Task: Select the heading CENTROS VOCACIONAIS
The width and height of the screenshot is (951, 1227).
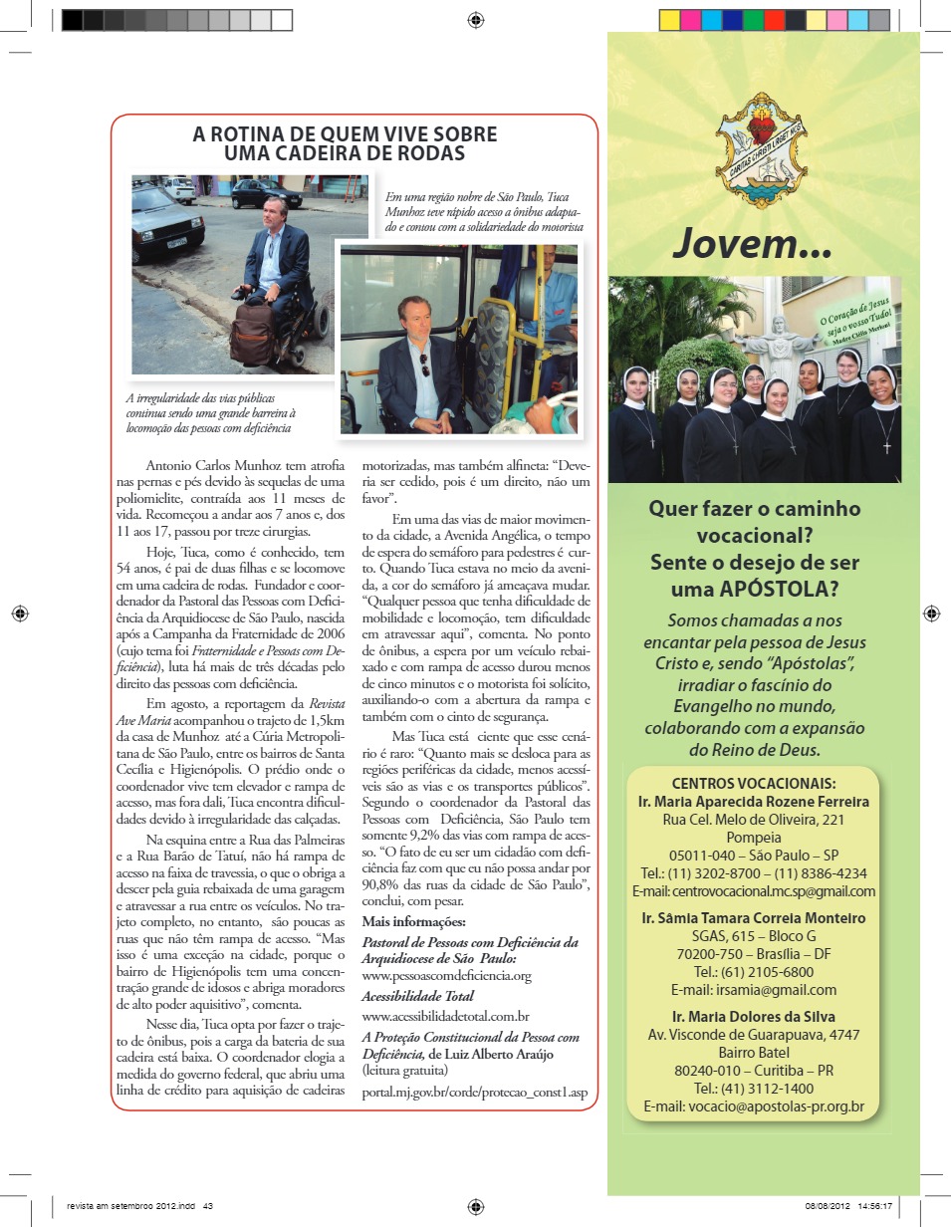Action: pos(754,783)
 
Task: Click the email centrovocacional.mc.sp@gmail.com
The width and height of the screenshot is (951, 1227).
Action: pos(755,891)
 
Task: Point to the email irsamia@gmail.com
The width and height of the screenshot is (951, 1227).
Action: pos(754,990)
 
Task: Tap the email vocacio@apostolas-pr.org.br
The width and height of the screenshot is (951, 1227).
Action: pos(754,1106)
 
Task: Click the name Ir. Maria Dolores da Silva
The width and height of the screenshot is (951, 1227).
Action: pos(754,1016)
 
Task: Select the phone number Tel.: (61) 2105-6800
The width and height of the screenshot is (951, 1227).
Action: pos(754,972)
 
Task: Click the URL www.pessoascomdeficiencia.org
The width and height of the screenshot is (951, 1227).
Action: pos(446,975)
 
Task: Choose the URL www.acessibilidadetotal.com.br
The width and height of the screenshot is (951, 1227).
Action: pos(445,1016)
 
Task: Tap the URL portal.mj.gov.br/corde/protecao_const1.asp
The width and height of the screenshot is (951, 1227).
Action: pos(474,1092)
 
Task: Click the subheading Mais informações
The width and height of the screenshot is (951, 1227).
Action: pos(413,921)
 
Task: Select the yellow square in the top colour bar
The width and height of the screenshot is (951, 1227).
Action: pos(669,20)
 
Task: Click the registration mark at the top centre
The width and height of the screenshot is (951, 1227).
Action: pos(475,19)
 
